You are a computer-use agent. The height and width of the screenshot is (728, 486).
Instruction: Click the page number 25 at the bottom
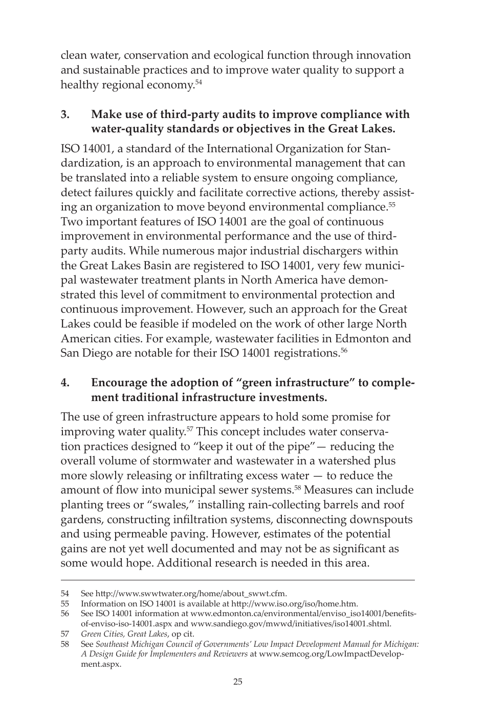tap(237, 682)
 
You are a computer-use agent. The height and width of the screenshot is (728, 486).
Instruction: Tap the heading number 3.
tap(64, 114)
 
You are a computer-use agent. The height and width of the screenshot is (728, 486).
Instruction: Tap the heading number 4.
tap(64, 383)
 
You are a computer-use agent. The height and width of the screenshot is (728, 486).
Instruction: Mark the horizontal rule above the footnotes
tap(237, 580)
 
